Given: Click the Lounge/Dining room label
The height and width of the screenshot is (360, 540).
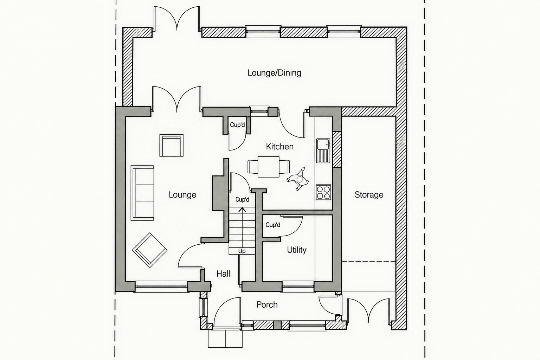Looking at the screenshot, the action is [274, 73].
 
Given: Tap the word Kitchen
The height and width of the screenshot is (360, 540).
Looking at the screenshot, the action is [279, 147].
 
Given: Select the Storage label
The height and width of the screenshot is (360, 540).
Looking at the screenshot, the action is [369, 195].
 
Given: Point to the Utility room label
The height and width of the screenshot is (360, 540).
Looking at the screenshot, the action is [296, 250].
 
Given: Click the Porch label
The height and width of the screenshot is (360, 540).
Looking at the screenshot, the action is [267, 305].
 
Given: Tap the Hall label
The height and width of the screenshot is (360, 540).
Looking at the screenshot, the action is [223, 274].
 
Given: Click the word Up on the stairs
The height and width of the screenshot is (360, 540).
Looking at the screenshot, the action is [242, 251].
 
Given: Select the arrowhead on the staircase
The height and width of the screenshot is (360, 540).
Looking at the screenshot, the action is [242, 210].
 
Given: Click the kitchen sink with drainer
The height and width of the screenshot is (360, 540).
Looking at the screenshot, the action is [323, 150].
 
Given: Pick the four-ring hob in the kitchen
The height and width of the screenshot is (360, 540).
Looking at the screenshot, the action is [323, 192].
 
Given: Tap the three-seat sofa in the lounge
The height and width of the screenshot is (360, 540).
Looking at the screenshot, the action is [142, 193].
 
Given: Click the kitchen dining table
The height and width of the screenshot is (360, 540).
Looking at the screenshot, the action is [269, 167].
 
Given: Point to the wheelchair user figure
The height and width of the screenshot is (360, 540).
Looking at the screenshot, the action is [298, 179].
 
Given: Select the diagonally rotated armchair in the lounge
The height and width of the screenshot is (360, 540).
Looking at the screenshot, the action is [150, 250].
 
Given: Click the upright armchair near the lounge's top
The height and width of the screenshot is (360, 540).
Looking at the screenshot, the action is [172, 146].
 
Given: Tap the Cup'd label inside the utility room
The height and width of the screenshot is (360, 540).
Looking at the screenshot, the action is [273, 225].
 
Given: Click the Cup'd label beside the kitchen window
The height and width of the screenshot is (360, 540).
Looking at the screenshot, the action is [237, 125].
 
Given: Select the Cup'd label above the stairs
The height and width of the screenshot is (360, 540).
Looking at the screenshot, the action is [242, 200].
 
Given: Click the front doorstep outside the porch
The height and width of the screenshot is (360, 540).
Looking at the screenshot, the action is [225, 339].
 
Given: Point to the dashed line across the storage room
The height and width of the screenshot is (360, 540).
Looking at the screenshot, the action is [368, 261].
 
